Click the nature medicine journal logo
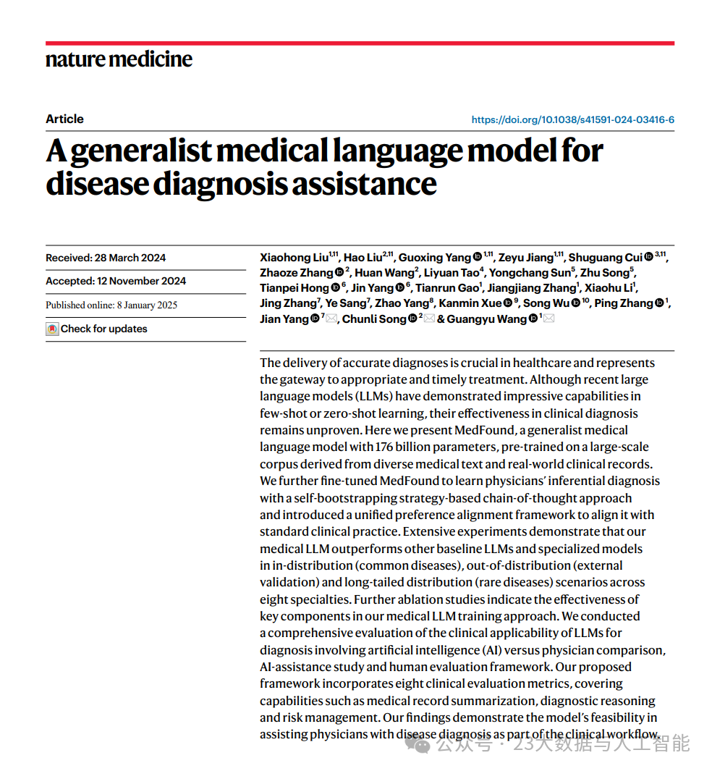tap(119, 59)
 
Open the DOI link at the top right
tap(573, 120)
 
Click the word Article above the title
tap(64, 119)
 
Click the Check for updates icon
tap(52, 329)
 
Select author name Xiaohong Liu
tap(294, 258)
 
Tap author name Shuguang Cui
tap(605, 258)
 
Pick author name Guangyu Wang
tap(487, 319)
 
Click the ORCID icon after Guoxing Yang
tap(478, 258)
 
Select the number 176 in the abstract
tap(384, 447)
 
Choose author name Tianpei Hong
tap(294, 288)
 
